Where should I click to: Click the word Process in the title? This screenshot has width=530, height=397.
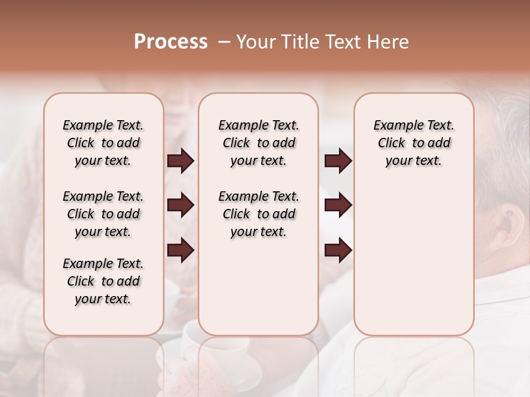[171, 42]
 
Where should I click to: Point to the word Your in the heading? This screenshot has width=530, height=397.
[256, 42]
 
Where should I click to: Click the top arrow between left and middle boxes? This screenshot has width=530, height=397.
[181, 161]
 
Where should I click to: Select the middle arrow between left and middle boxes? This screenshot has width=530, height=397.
[181, 205]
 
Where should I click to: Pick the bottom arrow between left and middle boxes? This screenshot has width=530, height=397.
[181, 250]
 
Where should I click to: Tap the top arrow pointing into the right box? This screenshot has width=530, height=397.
[338, 161]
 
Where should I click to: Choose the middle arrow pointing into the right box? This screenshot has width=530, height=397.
[338, 205]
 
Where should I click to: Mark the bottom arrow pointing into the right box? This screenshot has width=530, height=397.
[338, 250]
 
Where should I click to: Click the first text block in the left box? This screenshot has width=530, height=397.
[103, 143]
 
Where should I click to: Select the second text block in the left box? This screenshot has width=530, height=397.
[103, 214]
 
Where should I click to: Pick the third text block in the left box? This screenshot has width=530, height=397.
[103, 281]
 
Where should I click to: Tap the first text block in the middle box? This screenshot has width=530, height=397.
[258, 143]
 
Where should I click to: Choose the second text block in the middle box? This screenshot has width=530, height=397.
[258, 214]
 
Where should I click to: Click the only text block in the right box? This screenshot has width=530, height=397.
[414, 143]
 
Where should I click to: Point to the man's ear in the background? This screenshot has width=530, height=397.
[505, 226]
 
